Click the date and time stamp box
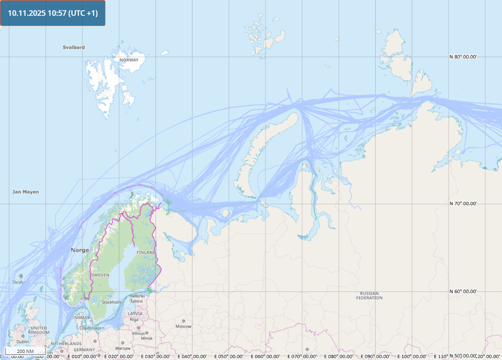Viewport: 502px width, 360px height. coord(53,13)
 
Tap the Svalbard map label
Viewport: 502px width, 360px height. coord(74,47)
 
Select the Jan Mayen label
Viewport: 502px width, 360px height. coord(26,192)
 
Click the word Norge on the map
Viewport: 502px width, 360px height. coord(80,250)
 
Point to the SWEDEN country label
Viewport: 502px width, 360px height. coord(100,275)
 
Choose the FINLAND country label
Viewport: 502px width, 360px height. coord(146,252)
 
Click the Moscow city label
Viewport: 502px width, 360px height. coord(184,326)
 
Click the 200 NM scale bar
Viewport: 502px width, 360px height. coord(25,351)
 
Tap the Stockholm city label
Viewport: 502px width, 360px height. coord(112,302)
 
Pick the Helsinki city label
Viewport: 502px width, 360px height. coord(136,296)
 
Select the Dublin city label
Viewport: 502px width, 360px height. coord(22,341)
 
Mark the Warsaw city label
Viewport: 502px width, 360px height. coord(122,347)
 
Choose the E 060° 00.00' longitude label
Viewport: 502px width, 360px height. coord(268,356)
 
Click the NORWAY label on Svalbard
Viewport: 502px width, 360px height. coord(129,60)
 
